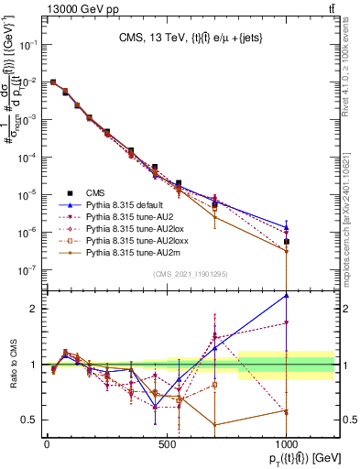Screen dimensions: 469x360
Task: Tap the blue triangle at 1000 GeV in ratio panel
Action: point(287,295)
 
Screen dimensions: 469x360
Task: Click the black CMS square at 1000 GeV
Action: point(287,242)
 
